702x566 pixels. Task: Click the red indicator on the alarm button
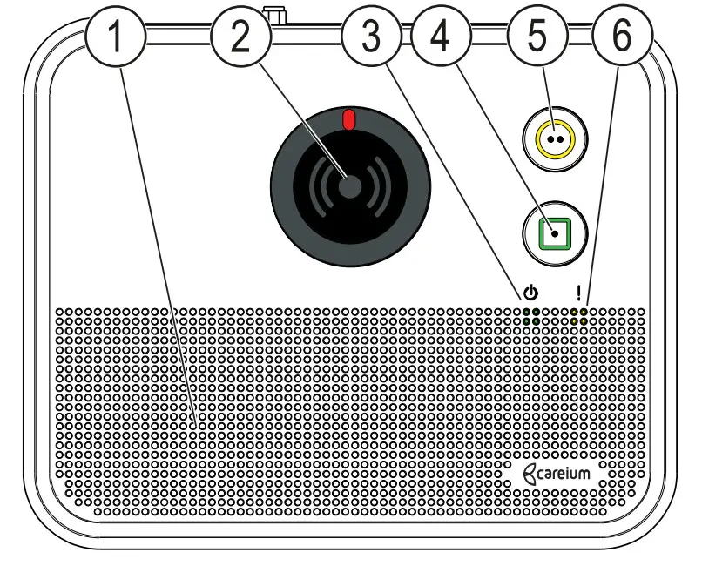(x=349, y=119)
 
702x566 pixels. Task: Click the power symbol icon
(x=531, y=293)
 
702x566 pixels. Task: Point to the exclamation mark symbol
(x=578, y=293)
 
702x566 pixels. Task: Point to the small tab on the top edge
(x=279, y=16)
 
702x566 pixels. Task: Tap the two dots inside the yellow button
(x=556, y=138)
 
